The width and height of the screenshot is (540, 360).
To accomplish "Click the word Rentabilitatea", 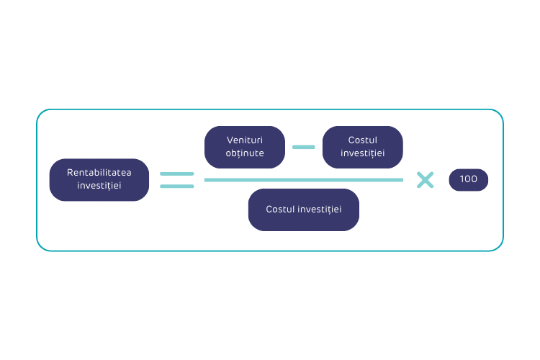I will (99, 173).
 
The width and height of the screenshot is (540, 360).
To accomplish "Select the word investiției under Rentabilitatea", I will (99, 186).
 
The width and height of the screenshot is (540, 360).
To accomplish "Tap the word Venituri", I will (245, 140).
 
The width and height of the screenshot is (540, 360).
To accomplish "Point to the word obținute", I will (245, 153).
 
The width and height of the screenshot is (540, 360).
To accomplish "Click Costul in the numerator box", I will (362, 140).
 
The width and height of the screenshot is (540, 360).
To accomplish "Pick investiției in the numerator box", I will (362, 153).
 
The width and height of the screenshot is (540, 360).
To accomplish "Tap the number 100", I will (468, 179).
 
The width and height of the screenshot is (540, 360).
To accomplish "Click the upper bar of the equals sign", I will (177, 174).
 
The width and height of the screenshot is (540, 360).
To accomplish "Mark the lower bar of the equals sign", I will (177, 186).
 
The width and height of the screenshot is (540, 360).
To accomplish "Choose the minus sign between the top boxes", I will (303, 147).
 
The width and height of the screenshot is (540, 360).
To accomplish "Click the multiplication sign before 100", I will (426, 179).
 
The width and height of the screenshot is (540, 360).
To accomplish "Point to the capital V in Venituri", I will (230, 140).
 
